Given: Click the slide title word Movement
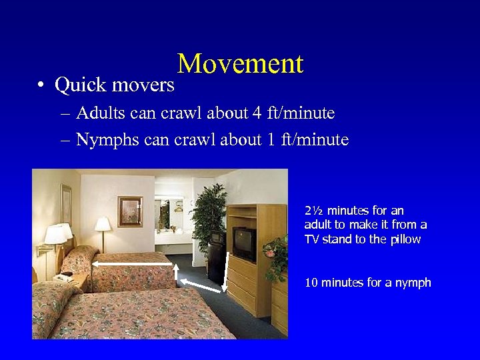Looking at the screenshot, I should click(x=240, y=64).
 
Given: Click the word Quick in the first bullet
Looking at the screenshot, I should click(x=79, y=85).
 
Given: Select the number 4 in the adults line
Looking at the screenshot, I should click(x=257, y=113).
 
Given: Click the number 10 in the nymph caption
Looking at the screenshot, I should click(x=311, y=283).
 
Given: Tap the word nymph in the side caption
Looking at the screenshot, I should click(x=414, y=283).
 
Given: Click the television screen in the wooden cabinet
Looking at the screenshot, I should click(x=243, y=243).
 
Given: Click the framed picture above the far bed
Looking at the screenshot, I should click(x=130, y=211).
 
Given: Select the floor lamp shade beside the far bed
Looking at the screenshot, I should click(x=102, y=225).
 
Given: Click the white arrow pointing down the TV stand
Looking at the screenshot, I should click(x=226, y=273).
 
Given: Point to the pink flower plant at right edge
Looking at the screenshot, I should click(x=275, y=253).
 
